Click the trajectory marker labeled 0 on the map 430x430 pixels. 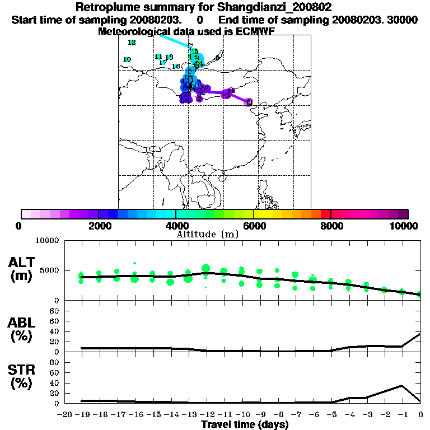(249, 102)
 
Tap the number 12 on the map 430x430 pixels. (132, 43)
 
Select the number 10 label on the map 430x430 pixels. (127, 59)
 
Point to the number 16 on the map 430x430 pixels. (175, 67)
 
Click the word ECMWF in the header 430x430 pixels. (255, 31)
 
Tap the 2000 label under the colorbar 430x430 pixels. (99, 226)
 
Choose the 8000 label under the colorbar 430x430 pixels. (331, 226)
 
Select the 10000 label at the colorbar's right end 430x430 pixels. (404, 226)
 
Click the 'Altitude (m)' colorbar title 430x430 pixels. (208, 235)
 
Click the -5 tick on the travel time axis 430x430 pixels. (330, 414)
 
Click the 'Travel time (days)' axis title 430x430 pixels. (245, 424)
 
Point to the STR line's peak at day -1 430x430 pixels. (402, 385)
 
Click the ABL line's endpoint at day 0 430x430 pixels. (420, 334)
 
